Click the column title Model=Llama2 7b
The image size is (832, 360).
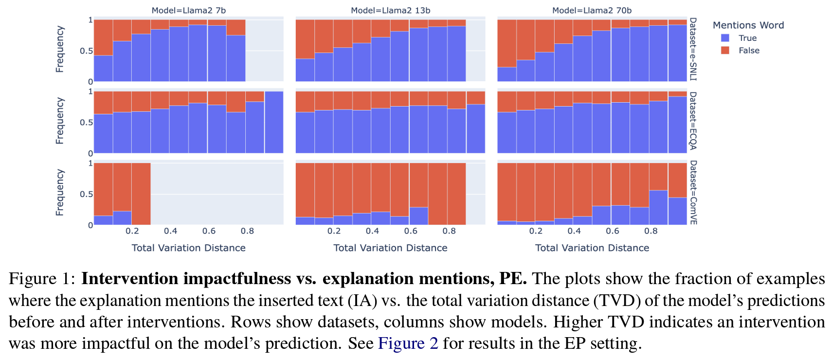[x=188, y=10]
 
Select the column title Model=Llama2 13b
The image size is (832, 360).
[x=390, y=10]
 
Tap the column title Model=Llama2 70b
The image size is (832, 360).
[x=592, y=10]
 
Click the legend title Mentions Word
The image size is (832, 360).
[x=748, y=25]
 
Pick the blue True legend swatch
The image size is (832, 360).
[x=725, y=38]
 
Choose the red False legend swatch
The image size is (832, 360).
[x=725, y=51]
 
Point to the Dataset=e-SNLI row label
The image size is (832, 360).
[x=693, y=49]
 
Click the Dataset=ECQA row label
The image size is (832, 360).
[x=693, y=121]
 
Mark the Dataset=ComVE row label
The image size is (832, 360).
[x=693, y=193]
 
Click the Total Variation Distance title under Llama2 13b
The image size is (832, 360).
[x=390, y=248]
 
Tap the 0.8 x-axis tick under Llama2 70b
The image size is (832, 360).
[x=651, y=231]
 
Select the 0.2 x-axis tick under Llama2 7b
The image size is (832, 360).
[x=132, y=231]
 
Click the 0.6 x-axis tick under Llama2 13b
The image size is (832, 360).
[x=411, y=231]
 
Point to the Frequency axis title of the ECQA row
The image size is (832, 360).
[x=60, y=121]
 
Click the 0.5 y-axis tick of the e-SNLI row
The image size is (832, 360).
[x=86, y=51]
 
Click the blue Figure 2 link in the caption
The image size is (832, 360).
[x=408, y=343]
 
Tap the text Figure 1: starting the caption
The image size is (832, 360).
[x=42, y=279]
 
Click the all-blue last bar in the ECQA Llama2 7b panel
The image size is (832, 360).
[x=274, y=122]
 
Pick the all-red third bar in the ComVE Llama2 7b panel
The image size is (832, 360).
[x=141, y=194]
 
